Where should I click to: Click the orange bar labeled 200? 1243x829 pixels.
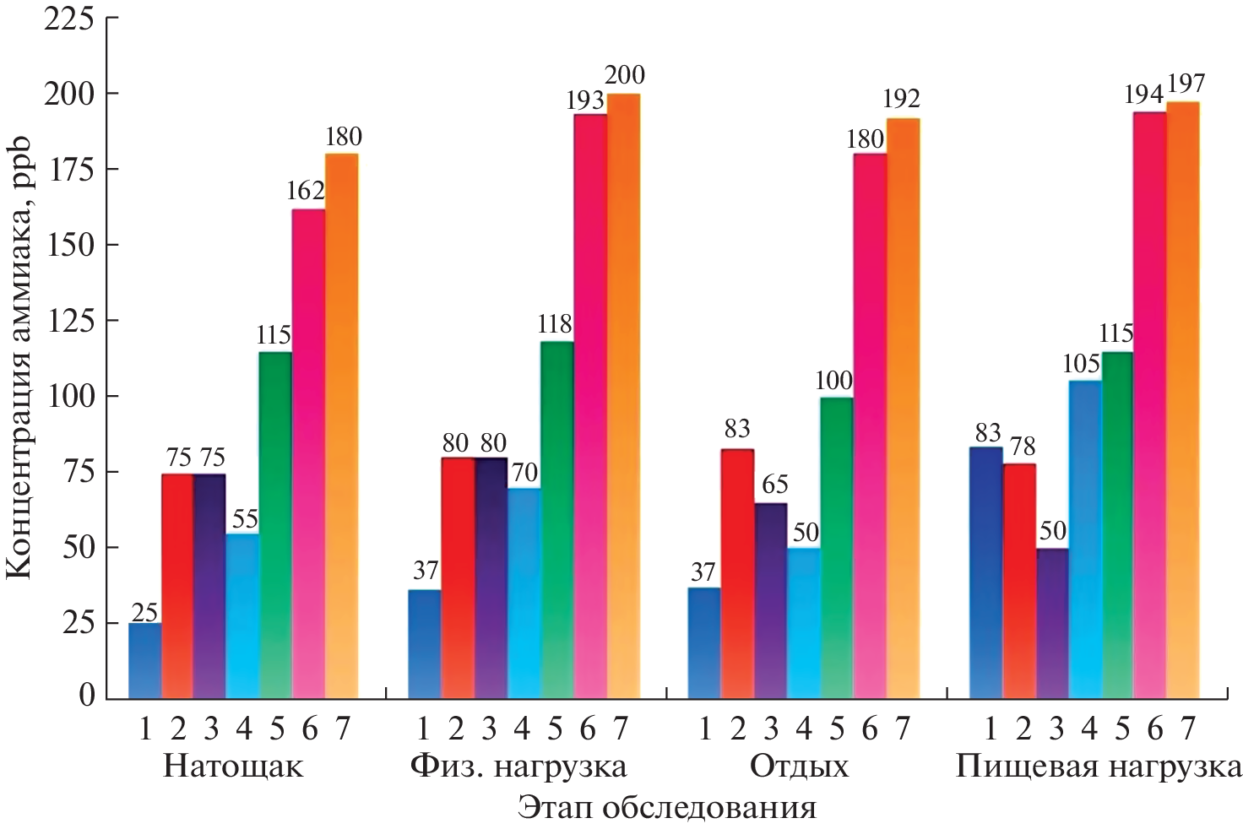point(623,397)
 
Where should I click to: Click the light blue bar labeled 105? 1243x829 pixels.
point(1084,540)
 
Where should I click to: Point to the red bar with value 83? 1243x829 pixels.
point(736,574)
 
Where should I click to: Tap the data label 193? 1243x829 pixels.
point(585,100)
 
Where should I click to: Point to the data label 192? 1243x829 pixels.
point(901,100)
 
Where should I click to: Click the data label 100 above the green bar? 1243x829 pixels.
point(833,381)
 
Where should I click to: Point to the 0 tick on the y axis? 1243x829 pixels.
point(87,696)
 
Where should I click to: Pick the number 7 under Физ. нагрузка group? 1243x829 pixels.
point(621,729)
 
